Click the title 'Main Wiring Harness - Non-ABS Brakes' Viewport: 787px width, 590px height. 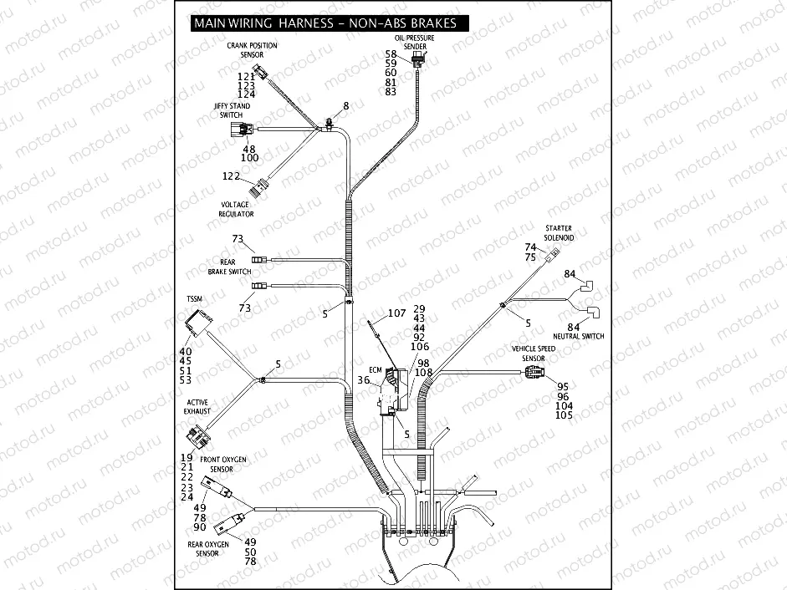(x=325, y=23)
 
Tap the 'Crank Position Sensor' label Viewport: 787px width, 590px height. (x=252, y=50)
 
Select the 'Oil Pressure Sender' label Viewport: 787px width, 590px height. (x=416, y=43)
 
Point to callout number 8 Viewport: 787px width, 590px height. (x=345, y=106)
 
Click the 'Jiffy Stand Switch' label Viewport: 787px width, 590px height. (x=232, y=110)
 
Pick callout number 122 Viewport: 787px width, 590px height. (x=231, y=176)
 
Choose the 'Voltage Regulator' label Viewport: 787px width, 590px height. (x=236, y=209)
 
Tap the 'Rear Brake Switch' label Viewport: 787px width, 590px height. (x=229, y=267)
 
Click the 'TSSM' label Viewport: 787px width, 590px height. (x=194, y=298)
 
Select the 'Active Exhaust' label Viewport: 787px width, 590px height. (x=197, y=407)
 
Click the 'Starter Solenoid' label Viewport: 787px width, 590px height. (x=559, y=232)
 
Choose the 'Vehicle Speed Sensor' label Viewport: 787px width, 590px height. (x=534, y=353)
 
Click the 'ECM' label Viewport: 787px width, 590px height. (x=375, y=369)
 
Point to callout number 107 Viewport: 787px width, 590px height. (x=396, y=314)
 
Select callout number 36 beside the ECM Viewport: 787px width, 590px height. (x=364, y=380)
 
